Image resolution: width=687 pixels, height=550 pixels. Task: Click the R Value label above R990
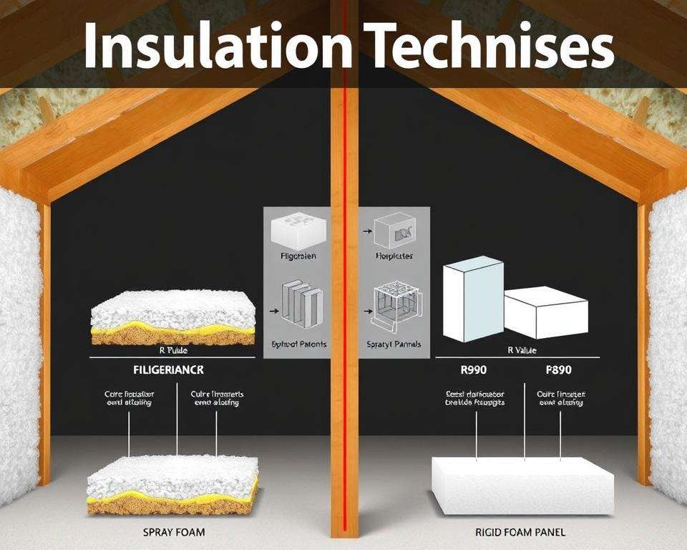coord(522,350)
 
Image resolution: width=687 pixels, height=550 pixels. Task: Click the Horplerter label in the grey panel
coord(394,256)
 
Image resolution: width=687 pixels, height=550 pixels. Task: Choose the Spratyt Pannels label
coord(394,344)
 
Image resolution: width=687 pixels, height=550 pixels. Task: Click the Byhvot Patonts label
coord(299,344)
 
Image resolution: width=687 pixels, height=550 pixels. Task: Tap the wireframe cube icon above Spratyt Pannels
coord(395,307)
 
